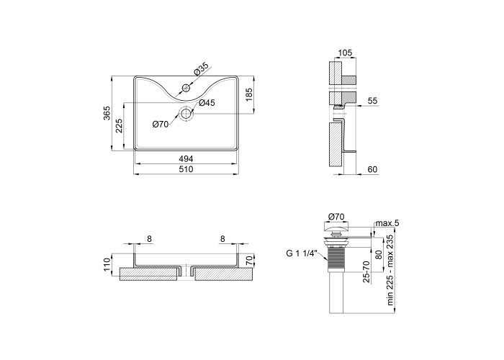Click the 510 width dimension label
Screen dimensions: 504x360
pyautogui.click(x=186, y=169)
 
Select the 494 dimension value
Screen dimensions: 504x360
pyautogui.click(x=186, y=159)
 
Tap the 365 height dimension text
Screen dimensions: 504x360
pyautogui.click(x=107, y=113)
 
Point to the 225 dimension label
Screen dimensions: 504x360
pyautogui.click(x=119, y=126)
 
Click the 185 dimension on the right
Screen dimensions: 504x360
pyautogui.click(x=249, y=94)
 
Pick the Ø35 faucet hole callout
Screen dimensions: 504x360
pyautogui.click(x=201, y=69)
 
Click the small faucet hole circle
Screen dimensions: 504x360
pyautogui.click(x=186, y=87)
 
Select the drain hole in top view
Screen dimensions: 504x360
pyautogui.click(x=186, y=114)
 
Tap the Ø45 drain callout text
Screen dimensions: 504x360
pyautogui.click(x=207, y=103)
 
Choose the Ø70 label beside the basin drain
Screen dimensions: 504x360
pyautogui.click(x=161, y=124)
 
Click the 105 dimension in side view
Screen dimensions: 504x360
pyautogui.click(x=345, y=53)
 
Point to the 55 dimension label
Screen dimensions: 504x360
pyautogui.click(x=372, y=101)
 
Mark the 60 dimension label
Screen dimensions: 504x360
pyautogui.click(x=372, y=169)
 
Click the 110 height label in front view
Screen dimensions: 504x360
pyautogui.click(x=107, y=265)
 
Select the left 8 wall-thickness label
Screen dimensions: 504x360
pyautogui.click(x=149, y=239)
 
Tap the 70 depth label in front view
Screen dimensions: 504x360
pyautogui.click(x=249, y=260)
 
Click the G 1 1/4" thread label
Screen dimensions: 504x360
pyautogui.click(x=302, y=253)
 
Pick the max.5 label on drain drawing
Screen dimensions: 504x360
pyautogui.click(x=387, y=222)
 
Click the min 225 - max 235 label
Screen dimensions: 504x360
pyautogui.click(x=390, y=270)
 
